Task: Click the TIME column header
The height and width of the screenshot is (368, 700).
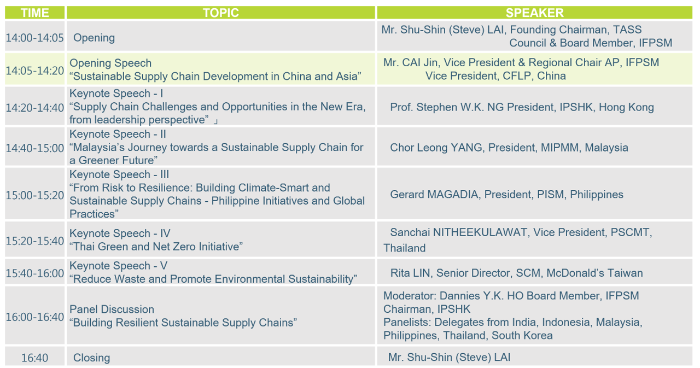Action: (x=34, y=13)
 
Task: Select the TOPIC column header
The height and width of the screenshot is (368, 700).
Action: (x=220, y=13)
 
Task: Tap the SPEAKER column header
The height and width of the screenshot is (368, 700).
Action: (x=534, y=13)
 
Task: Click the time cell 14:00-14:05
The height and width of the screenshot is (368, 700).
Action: (x=34, y=38)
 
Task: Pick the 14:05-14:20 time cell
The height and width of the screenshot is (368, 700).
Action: (x=34, y=71)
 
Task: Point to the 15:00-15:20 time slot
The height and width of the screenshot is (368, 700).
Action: (x=34, y=195)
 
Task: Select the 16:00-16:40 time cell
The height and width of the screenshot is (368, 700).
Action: (x=34, y=317)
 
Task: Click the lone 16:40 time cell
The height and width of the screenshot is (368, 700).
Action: (x=34, y=358)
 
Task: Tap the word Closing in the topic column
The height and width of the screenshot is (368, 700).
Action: (x=91, y=358)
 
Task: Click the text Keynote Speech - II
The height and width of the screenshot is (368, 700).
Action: (x=118, y=135)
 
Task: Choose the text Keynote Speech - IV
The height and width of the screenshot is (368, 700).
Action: (x=120, y=233)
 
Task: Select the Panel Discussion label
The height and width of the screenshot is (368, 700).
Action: (x=112, y=309)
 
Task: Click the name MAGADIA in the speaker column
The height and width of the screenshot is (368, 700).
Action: (x=453, y=194)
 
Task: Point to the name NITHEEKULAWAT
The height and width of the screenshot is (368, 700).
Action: (x=480, y=232)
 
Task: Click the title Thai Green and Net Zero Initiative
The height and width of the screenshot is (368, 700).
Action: (x=156, y=247)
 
